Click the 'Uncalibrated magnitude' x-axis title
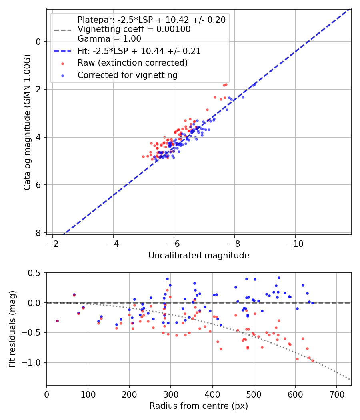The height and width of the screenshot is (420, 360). (x=199, y=256)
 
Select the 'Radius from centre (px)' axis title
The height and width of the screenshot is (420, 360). (x=199, y=406)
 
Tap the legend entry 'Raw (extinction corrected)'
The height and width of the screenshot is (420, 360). (x=132, y=63)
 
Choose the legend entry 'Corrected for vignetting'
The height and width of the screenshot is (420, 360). (x=127, y=75)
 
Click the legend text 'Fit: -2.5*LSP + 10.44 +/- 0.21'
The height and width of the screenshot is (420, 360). (x=139, y=51)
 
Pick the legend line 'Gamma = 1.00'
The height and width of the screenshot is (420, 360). (x=109, y=39)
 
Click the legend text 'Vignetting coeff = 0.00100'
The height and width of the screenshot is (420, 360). (x=134, y=29)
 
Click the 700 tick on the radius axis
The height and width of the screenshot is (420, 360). (x=336, y=394)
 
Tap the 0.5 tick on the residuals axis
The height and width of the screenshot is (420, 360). (x=36, y=273)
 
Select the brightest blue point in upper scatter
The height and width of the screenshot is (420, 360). (x=254, y=85)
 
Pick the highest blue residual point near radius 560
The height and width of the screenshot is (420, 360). (x=279, y=278)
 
